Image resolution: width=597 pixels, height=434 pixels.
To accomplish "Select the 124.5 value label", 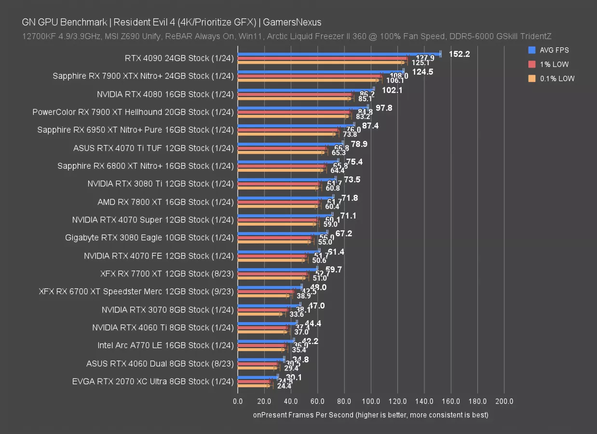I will click(422, 72).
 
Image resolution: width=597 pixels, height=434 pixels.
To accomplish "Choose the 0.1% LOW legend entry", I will click(557, 79).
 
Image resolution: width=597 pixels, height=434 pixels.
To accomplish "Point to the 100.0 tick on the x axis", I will click(371, 401).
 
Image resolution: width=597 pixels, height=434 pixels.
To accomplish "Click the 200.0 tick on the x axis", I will click(504, 401).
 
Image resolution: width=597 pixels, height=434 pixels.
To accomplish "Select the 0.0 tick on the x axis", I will click(238, 401).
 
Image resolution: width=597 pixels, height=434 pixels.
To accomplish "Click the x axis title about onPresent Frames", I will click(370, 415).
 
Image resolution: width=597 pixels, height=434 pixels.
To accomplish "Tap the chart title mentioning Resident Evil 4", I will click(171, 22).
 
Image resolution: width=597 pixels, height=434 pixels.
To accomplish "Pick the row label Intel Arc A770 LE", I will click(165, 345).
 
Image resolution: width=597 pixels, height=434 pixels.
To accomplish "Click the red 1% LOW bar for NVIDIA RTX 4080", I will click(295, 94).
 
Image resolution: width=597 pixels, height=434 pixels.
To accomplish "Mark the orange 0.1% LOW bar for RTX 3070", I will click(259, 314).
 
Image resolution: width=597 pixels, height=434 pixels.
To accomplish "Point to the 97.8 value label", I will click(384, 108).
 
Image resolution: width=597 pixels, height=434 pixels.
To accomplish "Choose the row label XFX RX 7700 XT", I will click(167, 273).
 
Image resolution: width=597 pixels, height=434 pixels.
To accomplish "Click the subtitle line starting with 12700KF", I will click(286, 36).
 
